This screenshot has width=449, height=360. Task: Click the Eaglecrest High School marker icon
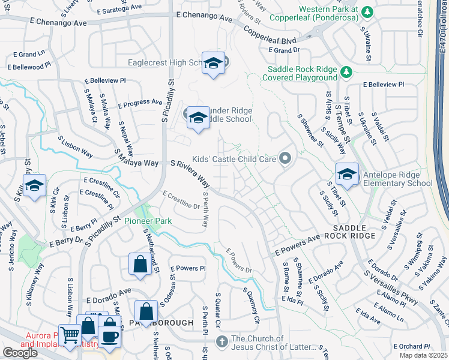tap(213, 64)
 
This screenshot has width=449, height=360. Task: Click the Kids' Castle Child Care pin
tap(285, 159)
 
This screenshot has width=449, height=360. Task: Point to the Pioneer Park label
tap(148, 221)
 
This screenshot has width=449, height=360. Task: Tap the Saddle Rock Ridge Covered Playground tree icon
tap(346, 73)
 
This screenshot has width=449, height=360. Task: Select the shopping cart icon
tap(70, 337)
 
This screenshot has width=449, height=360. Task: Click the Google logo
tap(20, 353)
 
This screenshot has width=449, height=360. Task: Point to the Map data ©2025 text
tap(423, 355)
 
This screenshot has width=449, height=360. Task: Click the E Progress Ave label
tap(139, 103)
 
